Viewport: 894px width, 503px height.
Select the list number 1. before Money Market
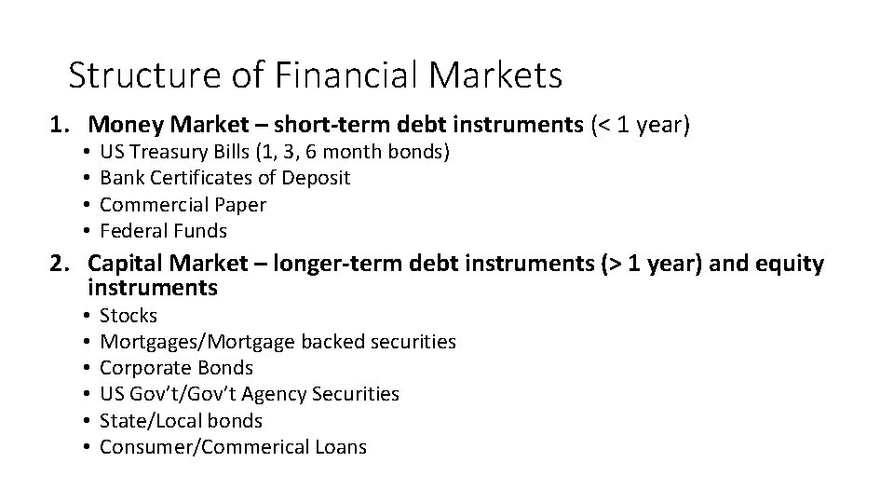[61, 124]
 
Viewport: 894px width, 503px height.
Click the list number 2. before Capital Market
[61, 265]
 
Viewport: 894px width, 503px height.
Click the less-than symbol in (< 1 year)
[604, 124]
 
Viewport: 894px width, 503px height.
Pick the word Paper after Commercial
[240, 204]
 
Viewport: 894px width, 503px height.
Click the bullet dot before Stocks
[85, 316]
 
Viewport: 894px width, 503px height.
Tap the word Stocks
[129, 316]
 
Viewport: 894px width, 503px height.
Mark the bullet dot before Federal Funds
[85, 230]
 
